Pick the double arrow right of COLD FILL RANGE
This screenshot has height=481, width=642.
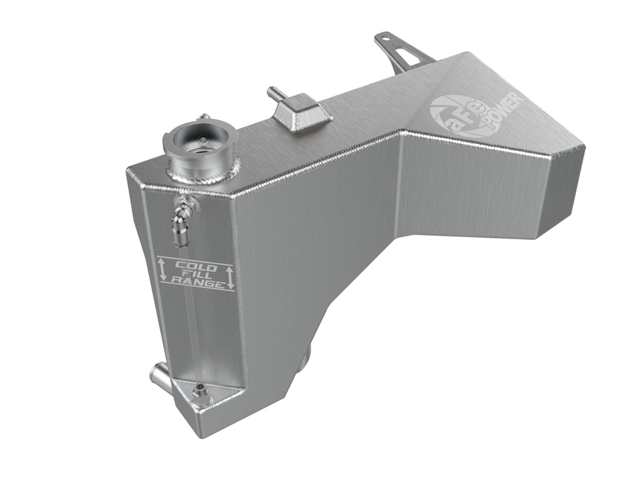click(230, 277)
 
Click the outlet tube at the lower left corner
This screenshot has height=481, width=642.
click(159, 378)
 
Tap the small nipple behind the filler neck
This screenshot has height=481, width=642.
click(203, 117)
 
